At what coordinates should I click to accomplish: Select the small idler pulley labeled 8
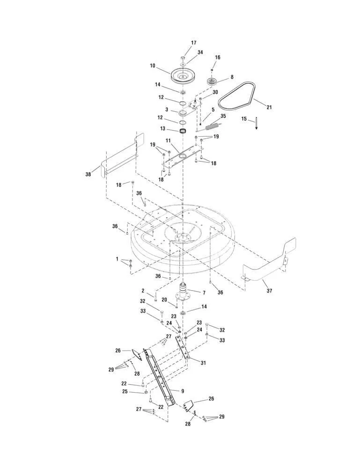tap(213, 82)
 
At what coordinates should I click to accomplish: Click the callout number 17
tap(194, 43)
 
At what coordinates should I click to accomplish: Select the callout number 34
tap(200, 52)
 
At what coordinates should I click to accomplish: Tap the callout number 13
tap(163, 128)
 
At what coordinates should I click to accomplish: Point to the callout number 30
tap(215, 92)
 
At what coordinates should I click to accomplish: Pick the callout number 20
tap(164, 300)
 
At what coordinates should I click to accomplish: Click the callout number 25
tap(125, 391)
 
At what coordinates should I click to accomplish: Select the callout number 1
tap(117, 259)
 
